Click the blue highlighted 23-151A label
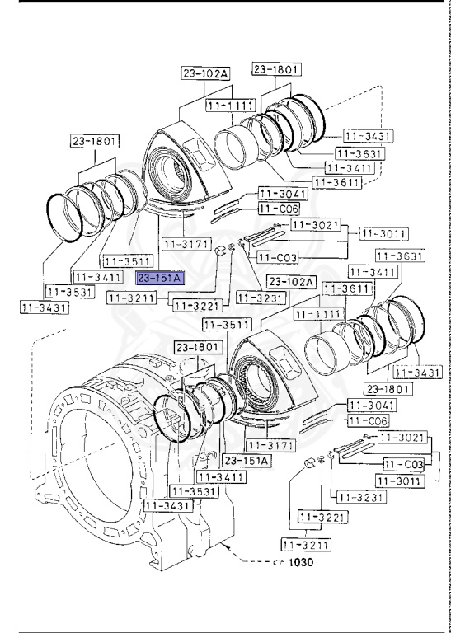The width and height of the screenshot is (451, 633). pyautogui.click(x=162, y=279)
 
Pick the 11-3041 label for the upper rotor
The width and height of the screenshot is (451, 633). pyautogui.click(x=283, y=194)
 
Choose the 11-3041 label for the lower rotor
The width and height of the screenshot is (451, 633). pyautogui.click(x=371, y=405)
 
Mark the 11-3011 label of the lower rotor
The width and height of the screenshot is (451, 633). pyautogui.click(x=399, y=480)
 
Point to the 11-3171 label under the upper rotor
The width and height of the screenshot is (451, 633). pyautogui.click(x=183, y=244)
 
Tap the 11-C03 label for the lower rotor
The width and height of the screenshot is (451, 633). pyautogui.click(x=403, y=464)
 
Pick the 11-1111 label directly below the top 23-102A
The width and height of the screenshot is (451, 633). pyautogui.click(x=228, y=106)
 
